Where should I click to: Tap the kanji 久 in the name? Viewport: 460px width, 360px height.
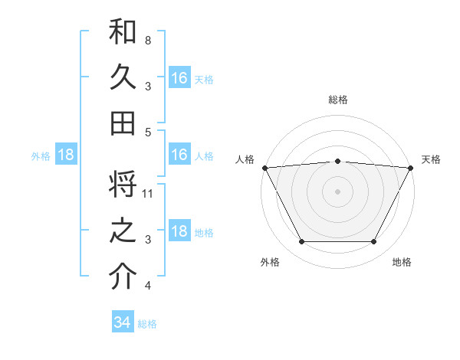point(123,78)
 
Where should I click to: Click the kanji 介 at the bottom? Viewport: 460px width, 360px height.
point(123,277)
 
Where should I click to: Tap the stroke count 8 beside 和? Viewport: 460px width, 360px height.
point(148,40)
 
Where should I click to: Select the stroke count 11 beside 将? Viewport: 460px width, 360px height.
point(149,194)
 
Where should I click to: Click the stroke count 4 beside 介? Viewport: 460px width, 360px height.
point(148,286)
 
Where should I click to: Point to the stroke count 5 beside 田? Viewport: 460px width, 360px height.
point(148,133)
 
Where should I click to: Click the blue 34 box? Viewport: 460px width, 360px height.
point(122,322)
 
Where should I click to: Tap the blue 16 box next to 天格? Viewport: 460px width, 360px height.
point(179,77)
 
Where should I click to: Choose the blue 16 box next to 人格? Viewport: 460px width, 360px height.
point(179,155)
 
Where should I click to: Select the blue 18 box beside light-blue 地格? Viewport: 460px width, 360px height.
point(179,232)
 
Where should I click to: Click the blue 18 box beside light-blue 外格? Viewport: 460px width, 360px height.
point(66,155)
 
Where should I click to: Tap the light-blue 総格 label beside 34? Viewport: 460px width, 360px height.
point(148,324)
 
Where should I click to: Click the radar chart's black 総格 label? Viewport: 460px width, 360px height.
point(337,100)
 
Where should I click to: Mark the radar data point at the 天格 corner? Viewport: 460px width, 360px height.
point(411,168)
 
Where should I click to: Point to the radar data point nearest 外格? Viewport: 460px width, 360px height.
point(301,242)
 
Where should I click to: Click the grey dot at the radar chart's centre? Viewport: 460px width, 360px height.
point(337,191)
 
